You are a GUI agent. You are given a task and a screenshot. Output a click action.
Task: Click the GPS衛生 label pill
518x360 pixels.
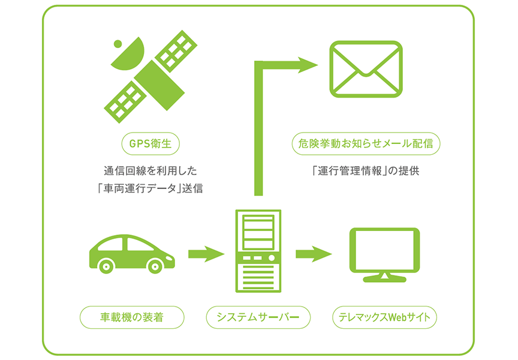(150, 143)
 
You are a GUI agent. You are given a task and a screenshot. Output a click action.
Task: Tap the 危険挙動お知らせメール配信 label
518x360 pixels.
(366, 143)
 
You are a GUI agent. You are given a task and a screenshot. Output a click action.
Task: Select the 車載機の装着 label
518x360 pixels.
(132, 317)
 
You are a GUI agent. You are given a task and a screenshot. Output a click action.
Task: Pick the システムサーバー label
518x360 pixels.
(258, 317)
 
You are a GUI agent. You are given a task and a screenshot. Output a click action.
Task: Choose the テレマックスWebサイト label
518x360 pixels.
(384, 317)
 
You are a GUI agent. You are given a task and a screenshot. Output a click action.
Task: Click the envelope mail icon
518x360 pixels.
(366, 69)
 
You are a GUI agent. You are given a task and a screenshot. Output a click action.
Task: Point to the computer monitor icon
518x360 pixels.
(384, 254)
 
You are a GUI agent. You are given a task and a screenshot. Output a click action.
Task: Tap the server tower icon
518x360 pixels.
(258, 251)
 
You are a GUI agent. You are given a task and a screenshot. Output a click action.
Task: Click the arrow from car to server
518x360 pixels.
(206, 254)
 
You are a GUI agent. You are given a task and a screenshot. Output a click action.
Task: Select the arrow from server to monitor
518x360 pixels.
(314, 254)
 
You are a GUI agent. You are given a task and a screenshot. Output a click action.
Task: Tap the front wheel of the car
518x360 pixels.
(155, 265)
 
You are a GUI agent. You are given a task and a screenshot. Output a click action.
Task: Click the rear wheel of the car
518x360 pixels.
(106, 265)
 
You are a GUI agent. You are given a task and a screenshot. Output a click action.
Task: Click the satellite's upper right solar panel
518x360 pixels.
(176, 51)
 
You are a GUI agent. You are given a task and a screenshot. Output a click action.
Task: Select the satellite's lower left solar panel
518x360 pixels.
(125, 102)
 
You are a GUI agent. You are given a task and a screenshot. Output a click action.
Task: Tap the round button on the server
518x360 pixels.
(272, 258)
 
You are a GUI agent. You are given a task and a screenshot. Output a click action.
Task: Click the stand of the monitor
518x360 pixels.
(384, 277)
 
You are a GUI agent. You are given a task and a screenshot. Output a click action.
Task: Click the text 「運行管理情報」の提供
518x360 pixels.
(366, 171)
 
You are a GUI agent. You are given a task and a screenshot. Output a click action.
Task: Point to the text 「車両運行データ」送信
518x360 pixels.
(150, 188)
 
